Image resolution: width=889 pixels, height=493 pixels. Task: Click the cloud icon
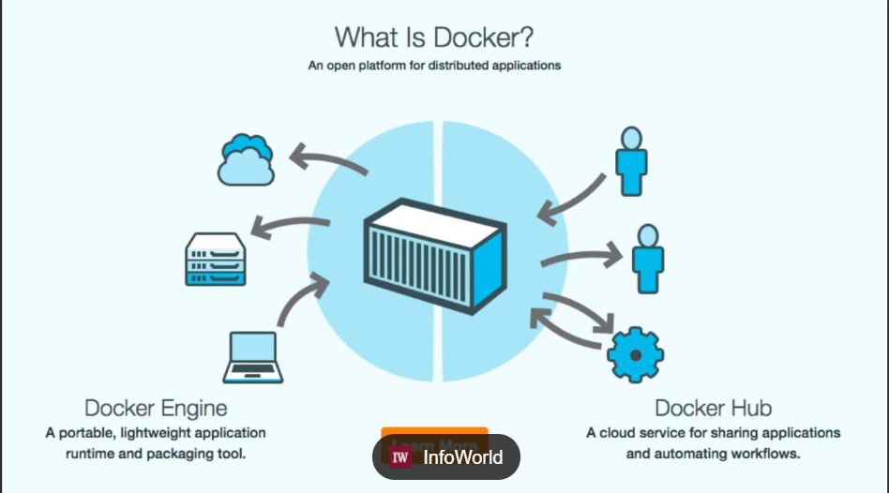[246, 159]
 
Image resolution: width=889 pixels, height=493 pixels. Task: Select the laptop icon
[251, 357]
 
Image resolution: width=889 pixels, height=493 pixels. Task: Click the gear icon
[635, 355]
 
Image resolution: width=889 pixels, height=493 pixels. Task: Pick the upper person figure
[630, 160]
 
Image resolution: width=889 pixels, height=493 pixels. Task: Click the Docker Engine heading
[156, 409]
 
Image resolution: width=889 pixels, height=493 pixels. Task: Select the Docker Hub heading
[714, 409]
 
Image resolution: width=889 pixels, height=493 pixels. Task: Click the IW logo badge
[400, 457]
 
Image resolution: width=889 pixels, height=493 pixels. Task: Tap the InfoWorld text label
[462, 457]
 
